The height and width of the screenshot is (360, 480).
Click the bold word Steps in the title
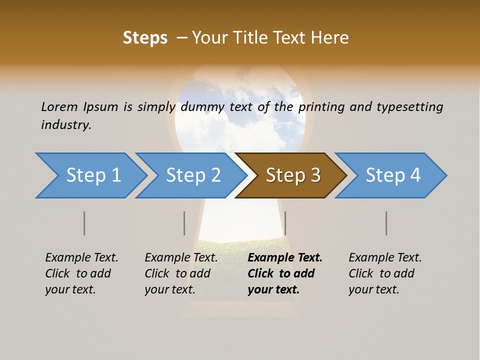(145, 38)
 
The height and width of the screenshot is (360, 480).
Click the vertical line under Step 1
(84, 223)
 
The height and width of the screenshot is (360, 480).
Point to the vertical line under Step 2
(184, 223)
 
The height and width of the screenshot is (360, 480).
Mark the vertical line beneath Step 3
(285, 223)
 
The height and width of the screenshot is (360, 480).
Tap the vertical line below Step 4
(386, 223)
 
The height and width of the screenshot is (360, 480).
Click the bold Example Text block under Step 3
(285, 273)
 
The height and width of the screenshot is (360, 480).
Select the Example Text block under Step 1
(81, 273)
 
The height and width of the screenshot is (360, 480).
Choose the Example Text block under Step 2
(181, 273)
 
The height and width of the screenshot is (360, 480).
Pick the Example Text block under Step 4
(385, 273)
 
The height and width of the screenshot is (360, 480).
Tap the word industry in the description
(66, 125)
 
